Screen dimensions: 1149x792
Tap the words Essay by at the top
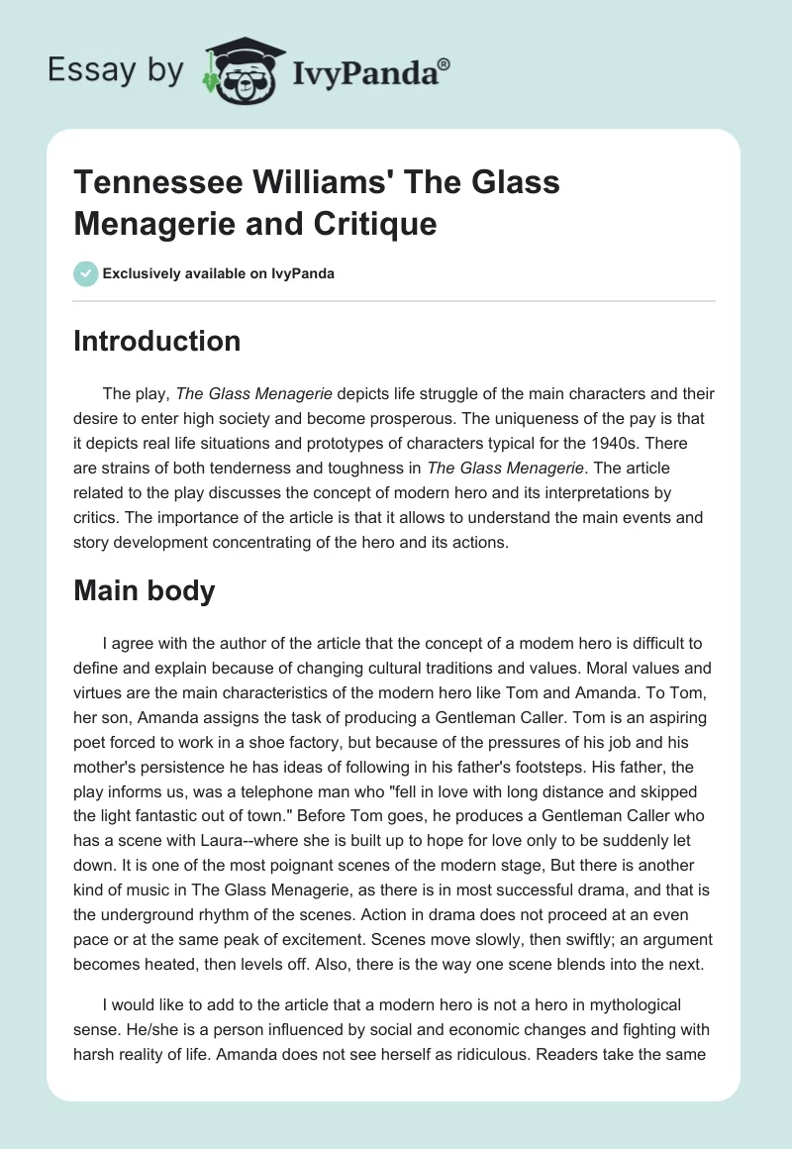coord(115,70)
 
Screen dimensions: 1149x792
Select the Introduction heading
coord(157,341)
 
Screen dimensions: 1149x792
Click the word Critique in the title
coord(380,224)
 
